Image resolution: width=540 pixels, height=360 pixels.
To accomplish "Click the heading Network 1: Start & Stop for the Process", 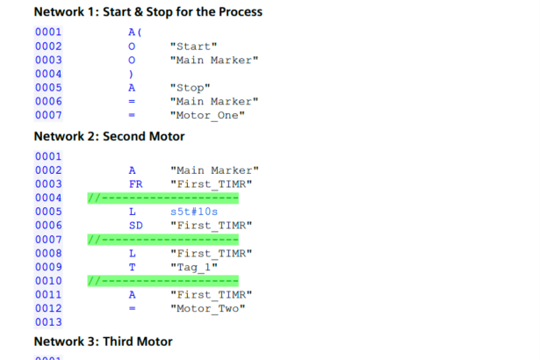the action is point(148,11).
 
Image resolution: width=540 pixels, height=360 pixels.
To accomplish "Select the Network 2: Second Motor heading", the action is point(109,136).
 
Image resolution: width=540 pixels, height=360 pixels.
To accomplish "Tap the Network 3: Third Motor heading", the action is point(104,342).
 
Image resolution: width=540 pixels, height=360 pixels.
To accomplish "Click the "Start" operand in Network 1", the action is point(193,47).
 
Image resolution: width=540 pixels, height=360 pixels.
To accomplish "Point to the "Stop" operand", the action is point(191,88).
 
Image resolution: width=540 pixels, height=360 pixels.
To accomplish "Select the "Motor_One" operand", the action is point(207,115).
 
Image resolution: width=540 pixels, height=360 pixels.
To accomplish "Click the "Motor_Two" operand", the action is point(208,308).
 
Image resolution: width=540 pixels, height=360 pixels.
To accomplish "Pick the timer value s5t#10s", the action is point(194,212).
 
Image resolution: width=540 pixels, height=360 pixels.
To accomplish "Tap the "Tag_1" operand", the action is point(194,267).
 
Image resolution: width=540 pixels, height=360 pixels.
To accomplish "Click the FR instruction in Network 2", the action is point(136,184).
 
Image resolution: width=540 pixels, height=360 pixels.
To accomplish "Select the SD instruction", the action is point(136,226).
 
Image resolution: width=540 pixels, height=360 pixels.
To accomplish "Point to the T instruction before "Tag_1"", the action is point(133,267).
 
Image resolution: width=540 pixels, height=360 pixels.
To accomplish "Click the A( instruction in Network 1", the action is point(135,32).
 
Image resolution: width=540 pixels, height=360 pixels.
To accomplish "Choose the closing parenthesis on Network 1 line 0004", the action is point(131,74).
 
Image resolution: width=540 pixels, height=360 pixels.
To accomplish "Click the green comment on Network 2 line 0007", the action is point(163,240).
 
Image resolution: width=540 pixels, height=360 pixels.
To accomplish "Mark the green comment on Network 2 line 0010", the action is point(163,281).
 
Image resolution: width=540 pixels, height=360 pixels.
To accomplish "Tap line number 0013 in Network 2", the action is point(48,322).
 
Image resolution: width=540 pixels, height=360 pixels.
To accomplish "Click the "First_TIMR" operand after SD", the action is point(211,226).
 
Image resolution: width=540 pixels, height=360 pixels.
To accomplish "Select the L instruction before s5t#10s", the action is point(133,212).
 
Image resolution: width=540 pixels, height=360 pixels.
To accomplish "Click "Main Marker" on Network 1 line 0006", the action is point(214,102).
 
